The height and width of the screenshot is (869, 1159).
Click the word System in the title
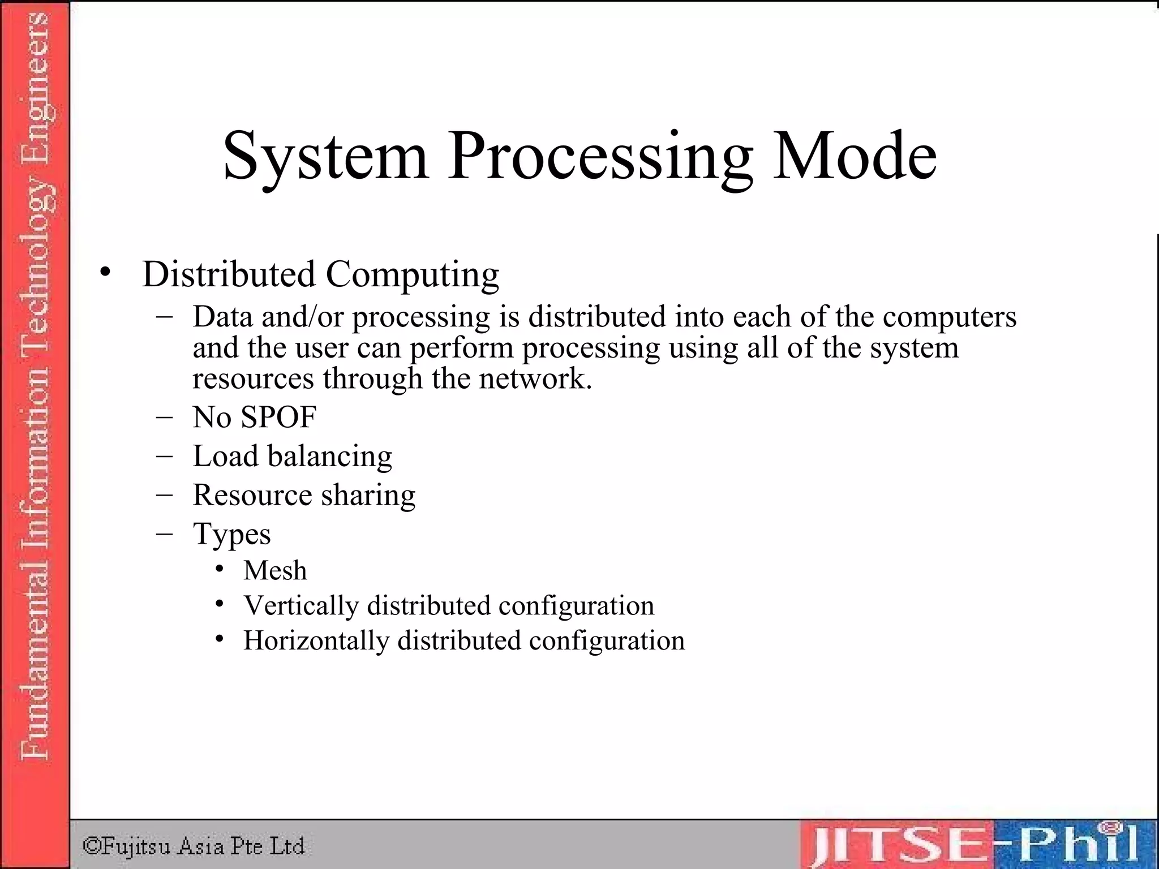(325, 157)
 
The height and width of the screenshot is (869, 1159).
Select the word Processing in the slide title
(600, 157)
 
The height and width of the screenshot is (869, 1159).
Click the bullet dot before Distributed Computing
(105, 273)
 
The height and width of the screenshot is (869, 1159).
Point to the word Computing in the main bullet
(412, 276)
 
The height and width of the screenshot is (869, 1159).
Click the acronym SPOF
(278, 418)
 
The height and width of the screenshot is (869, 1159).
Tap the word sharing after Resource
(368, 496)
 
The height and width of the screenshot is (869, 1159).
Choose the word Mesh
(275, 570)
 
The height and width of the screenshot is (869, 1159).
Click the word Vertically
(301, 606)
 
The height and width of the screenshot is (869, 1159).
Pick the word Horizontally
(316, 641)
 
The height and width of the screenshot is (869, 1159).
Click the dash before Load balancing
(164, 456)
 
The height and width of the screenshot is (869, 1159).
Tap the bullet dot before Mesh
(220, 569)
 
